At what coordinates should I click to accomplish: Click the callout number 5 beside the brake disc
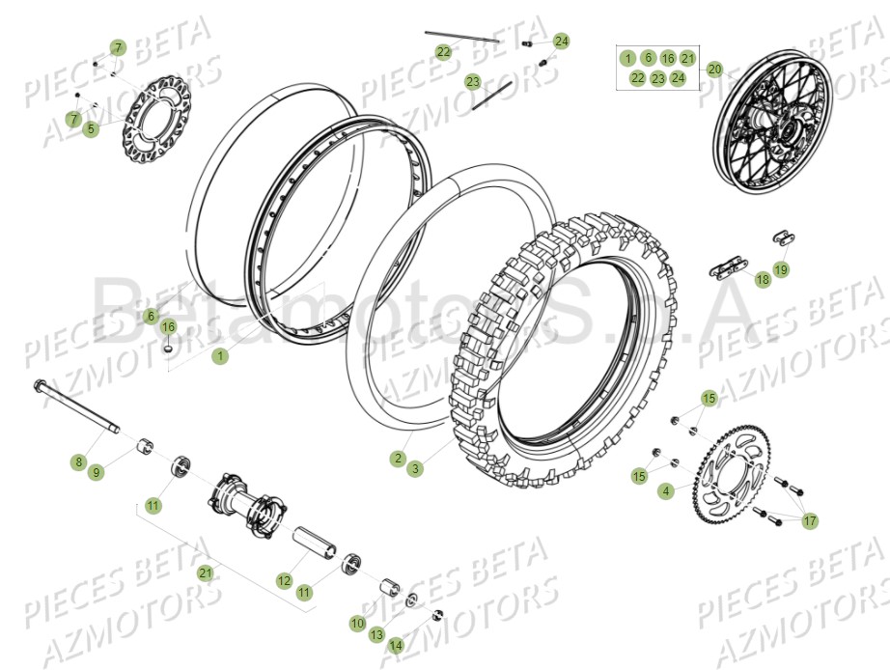90,128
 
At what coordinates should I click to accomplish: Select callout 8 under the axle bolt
78,462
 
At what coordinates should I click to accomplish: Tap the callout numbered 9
96,472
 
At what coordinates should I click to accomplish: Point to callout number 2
398,459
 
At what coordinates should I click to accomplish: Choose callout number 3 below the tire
415,468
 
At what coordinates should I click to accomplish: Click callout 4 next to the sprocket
666,491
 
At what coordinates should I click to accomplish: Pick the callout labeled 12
284,581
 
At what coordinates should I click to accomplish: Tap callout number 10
357,624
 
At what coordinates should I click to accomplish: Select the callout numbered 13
376,635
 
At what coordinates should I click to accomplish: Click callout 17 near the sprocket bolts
810,521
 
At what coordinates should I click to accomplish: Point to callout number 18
763,280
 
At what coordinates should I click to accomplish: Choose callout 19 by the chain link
781,269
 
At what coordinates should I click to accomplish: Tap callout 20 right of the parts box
714,70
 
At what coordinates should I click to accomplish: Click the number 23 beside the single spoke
472,82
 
